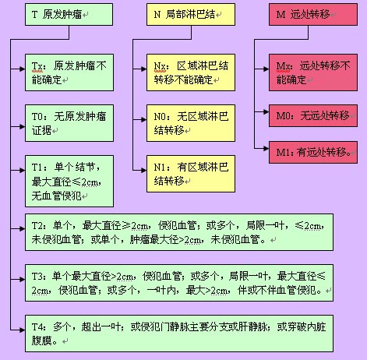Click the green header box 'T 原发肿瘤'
pos(69,15)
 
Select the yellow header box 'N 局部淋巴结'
pos(191,15)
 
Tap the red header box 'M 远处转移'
pos(313,15)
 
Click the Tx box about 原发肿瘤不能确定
pos(69,72)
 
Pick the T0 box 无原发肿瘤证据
pos(69,123)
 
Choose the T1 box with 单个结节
pos(69,181)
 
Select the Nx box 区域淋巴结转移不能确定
pos(191,72)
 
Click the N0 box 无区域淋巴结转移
pos(191,123)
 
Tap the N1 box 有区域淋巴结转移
pos(191,174)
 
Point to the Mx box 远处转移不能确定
pos(313,72)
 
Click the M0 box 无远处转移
pos(313,116)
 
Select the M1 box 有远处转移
pos(313,152)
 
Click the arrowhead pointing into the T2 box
pos(22,229)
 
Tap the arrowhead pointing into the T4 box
pos(22,330)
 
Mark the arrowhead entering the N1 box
pos(143,170)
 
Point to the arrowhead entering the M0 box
pos(266,112)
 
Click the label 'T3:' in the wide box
pos(39,276)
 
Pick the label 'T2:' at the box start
pos(39,225)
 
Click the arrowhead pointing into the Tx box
pos(22,69)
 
